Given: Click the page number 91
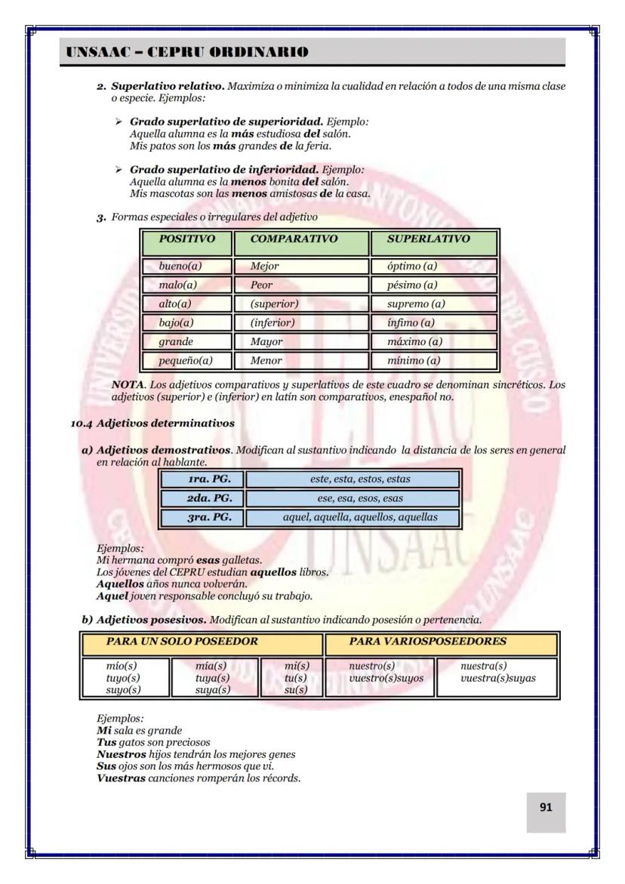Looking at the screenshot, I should tap(546, 807).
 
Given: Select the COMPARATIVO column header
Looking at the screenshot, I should tap(301, 239).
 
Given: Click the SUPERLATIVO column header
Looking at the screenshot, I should tap(433, 239).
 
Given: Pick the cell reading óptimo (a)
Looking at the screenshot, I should tap(433, 266).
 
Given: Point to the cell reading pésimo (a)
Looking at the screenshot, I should tap(433, 285).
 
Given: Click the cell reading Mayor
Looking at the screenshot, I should tap(301, 341).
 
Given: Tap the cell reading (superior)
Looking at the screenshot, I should tap(301, 303).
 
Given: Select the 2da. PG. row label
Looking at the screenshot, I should tap(202, 498).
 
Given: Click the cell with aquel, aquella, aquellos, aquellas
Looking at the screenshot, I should tap(353, 517).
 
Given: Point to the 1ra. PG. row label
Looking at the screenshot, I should tap(202, 479).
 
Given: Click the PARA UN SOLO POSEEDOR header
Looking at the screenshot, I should tap(202, 642).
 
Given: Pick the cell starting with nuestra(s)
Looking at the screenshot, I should tap(497, 672).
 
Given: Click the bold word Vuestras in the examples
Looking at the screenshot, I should tap(122, 778).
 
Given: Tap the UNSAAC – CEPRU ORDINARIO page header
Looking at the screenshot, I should tap(187, 52).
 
